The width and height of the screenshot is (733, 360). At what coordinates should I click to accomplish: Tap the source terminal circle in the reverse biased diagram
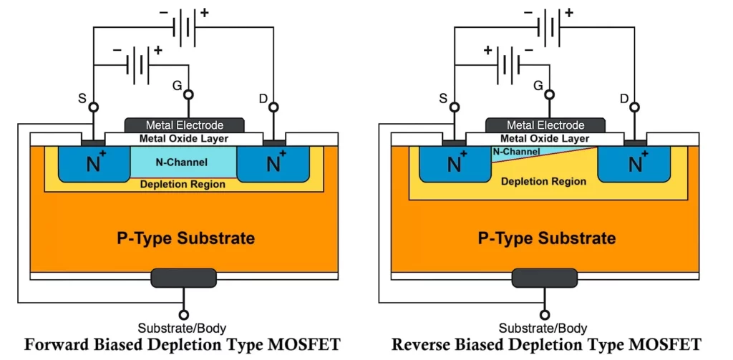[x=452, y=107]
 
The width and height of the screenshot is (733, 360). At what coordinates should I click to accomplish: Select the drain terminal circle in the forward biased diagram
[x=273, y=107]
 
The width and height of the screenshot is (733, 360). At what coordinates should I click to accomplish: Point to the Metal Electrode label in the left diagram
[x=185, y=125]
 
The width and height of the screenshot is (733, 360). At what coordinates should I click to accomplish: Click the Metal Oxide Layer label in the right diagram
[x=545, y=138]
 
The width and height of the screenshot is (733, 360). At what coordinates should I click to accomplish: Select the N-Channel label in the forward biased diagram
[x=183, y=162]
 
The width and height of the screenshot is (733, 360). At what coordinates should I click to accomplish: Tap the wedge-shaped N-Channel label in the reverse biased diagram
[x=515, y=152]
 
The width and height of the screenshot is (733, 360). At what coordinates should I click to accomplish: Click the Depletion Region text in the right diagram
[x=543, y=182]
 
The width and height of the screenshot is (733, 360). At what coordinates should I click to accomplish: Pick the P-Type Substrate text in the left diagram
[x=185, y=238]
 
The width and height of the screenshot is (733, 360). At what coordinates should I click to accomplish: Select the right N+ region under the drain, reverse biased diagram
[x=634, y=164]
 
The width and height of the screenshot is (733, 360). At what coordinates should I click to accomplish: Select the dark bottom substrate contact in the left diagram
[x=184, y=278]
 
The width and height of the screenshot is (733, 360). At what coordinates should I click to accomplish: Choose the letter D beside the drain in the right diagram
[x=625, y=97]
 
